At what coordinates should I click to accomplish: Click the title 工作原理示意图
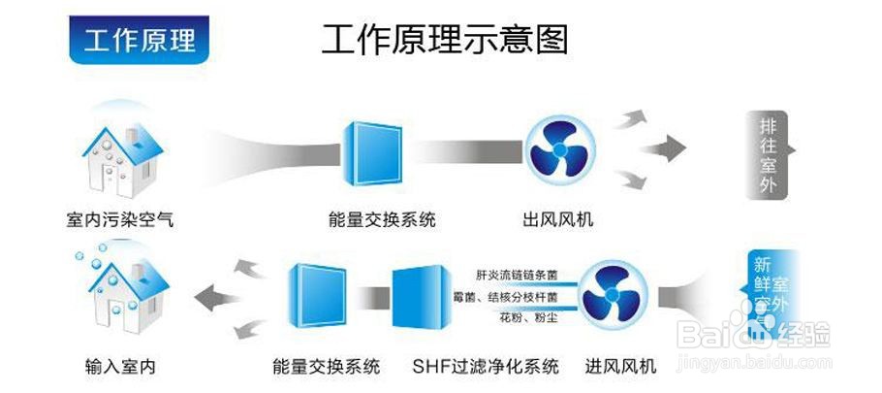click(x=444, y=39)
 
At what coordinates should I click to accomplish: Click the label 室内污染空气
click(x=113, y=220)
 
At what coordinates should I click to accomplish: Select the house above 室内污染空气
click(x=113, y=159)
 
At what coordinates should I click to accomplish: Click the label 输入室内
click(x=120, y=367)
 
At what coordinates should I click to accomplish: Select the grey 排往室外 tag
click(x=769, y=155)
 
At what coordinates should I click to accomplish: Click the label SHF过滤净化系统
click(x=486, y=367)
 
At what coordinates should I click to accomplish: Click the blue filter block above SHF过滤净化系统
click(x=418, y=295)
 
